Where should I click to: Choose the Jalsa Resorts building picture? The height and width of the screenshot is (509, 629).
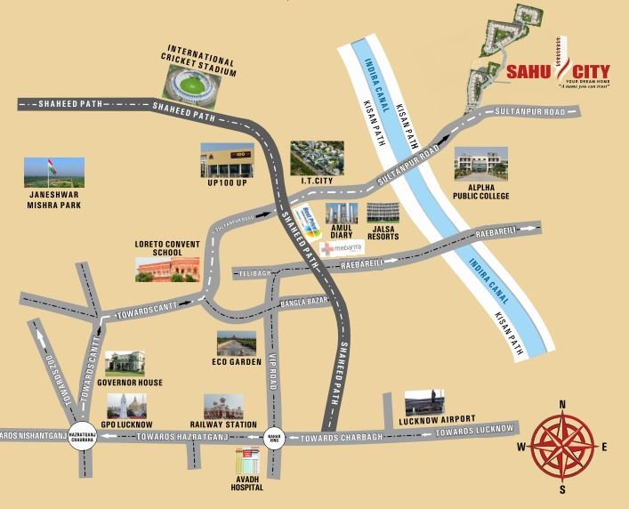[x=383, y=212]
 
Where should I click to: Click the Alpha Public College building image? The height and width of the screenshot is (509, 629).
[x=481, y=162]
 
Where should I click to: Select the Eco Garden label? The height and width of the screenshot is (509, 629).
[x=235, y=362]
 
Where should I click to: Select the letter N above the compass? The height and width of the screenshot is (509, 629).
[x=562, y=405]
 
